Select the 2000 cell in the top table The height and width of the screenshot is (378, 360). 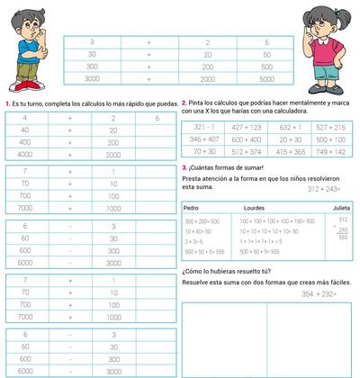tap(207, 79)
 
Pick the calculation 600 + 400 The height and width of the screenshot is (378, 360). tap(246, 139)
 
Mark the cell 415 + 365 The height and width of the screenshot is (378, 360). tap(290, 152)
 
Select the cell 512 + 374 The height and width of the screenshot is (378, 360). tap(246, 152)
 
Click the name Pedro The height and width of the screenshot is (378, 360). tap(192, 206)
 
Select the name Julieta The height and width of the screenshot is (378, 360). tap(341, 206)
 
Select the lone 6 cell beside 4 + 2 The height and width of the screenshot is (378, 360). tap(157, 118)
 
